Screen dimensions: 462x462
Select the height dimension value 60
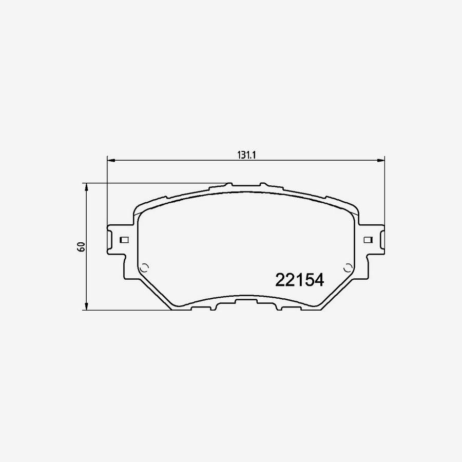click(81, 246)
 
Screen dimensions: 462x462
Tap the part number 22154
click(299, 280)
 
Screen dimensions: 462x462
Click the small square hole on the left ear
click(123, 240)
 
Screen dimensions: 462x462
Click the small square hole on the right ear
click(367, 240)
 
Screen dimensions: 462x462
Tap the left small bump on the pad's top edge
click(228, 184)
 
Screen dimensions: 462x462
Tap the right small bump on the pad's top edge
click(263, 184)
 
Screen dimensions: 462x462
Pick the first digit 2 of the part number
click(281, 280)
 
